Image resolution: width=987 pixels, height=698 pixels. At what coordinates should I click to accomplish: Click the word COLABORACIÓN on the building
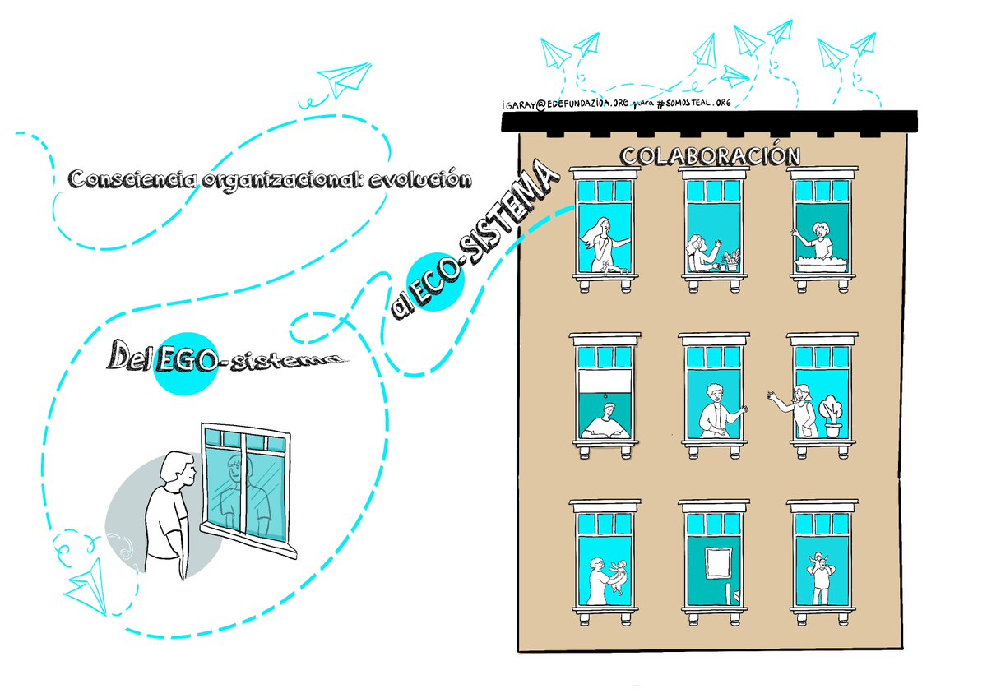click(710, 155)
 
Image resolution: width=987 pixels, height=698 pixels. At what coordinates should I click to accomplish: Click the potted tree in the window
click(832, 415)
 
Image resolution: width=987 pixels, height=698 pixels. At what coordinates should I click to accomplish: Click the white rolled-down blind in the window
click(605, 382)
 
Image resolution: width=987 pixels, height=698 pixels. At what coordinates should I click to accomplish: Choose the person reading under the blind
click(603, 425)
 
